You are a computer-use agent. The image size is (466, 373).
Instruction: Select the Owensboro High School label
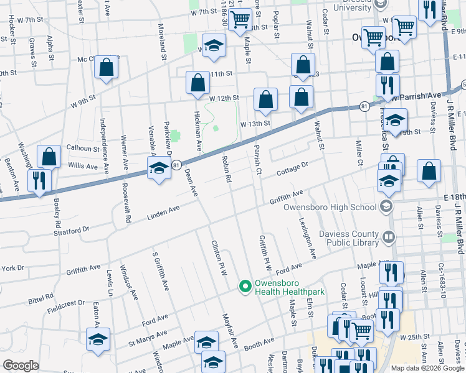point(330,207)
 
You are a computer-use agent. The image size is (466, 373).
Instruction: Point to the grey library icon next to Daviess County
point(389,236)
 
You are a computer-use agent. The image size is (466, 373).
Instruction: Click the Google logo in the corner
point(21,366)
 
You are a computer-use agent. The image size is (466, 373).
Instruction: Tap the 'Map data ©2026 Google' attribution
point(427,368)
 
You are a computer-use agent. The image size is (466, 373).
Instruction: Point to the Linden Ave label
point(163,216)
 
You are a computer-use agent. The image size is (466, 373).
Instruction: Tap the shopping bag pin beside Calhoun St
point(49,157)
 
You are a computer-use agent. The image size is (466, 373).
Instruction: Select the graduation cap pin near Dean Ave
point(159,168)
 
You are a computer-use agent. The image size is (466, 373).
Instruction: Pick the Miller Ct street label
point(359,153)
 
